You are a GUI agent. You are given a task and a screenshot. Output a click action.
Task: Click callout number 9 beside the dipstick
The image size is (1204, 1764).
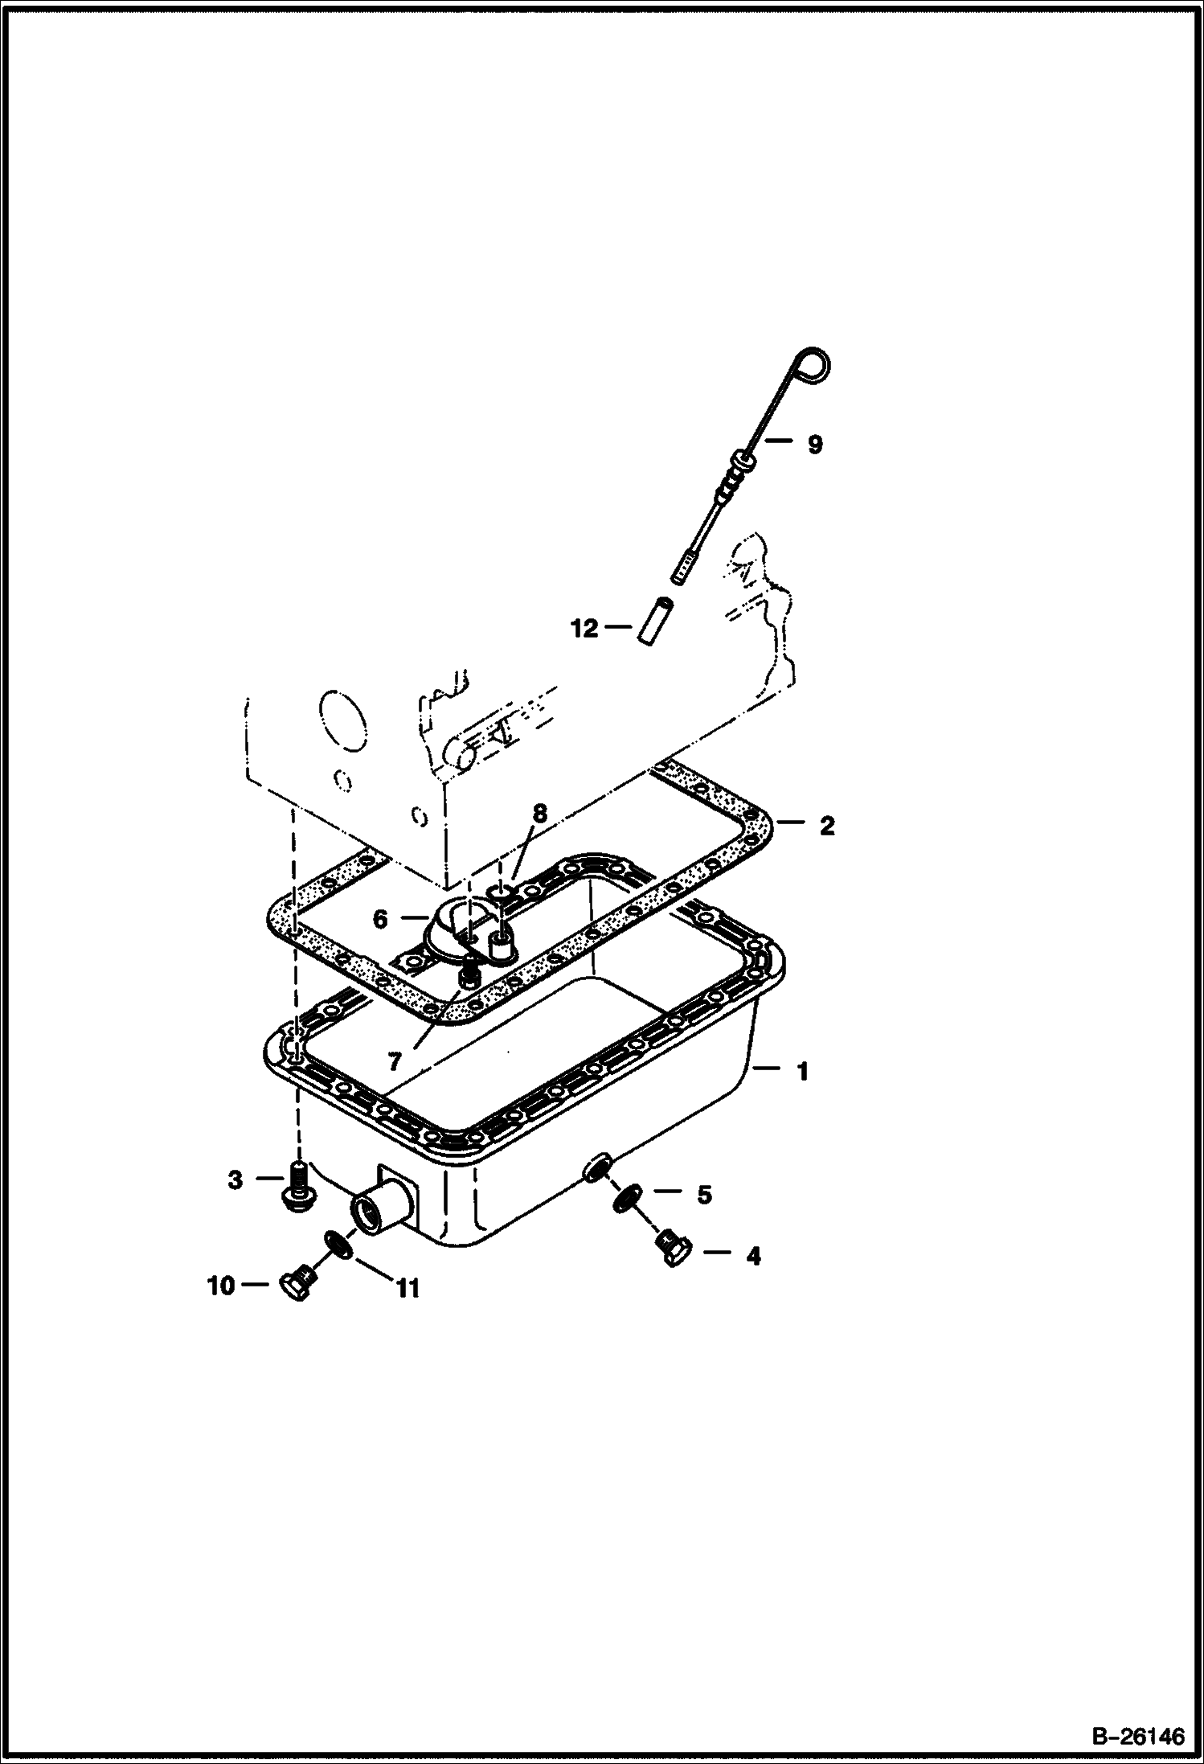click(x=815, y=444)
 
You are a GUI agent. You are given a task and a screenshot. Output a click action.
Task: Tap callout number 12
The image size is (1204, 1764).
click(x=585, y=628)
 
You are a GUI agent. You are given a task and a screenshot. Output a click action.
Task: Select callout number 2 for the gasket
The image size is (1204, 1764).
click(x=827, y=826)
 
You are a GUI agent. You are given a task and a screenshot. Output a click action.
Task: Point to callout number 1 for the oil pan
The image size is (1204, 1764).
click(x=801, y=1071)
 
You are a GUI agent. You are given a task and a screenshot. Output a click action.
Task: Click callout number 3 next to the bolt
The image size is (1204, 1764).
click(x=235, y=1179)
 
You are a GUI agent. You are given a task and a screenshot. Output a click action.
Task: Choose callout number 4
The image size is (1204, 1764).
click(x=753, y=1255)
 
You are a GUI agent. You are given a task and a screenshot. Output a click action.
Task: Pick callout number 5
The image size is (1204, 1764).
click(x=704, y=1195)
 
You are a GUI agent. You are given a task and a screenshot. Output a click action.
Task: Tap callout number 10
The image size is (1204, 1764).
click(x=220, y=1286)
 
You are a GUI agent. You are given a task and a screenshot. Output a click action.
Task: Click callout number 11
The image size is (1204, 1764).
click(x=407, y=1289)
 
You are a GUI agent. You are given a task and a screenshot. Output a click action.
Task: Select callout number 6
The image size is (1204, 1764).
click(x=381, y=919)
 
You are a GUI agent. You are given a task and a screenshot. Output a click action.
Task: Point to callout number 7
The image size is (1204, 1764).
click(x=394, y=1062)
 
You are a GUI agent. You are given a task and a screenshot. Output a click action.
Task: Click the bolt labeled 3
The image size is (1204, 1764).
click(x=298, y=1184)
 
